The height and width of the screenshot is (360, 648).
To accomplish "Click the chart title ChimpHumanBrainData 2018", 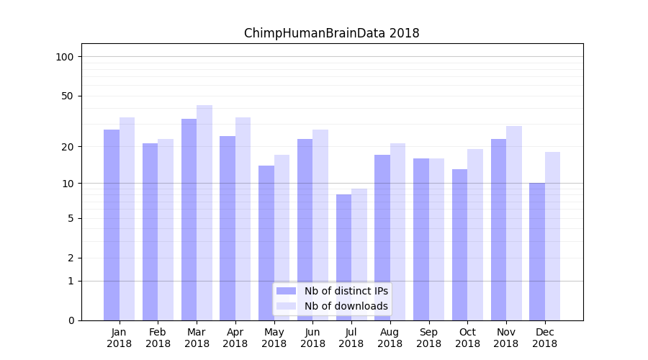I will click(331, 33).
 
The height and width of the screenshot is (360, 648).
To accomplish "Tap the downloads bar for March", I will click(204, 212).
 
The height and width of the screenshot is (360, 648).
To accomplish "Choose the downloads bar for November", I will click(513, 223).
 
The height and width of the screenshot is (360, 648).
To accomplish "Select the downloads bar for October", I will click(475, 235).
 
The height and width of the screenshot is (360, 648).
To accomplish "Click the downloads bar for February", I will click(166, 230).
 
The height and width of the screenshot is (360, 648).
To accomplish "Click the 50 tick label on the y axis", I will click(68, 96).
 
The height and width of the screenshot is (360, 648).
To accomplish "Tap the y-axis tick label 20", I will click(68, 147).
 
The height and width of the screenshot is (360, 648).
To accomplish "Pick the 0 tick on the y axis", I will click(71, 320).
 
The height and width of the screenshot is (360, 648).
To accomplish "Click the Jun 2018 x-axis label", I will click(312, 338).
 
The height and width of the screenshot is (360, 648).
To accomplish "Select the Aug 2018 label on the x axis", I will click(390, 338).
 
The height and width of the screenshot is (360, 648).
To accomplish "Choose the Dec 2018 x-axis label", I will click(544, 338).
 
